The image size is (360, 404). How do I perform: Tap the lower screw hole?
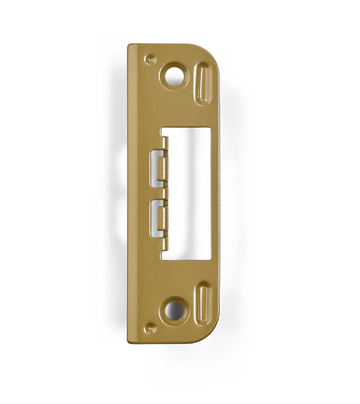[172, 310]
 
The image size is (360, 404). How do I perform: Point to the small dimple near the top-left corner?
[148, 57]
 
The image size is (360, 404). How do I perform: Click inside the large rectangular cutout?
[189, 193]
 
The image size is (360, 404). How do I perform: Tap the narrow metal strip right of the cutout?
[216, 193]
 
